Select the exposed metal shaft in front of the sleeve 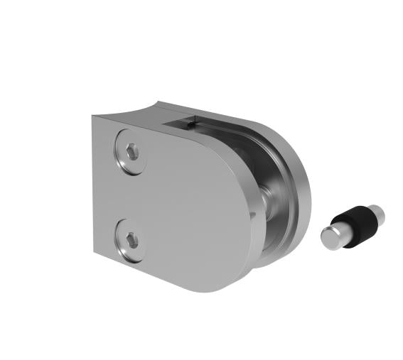coord(337,231)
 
